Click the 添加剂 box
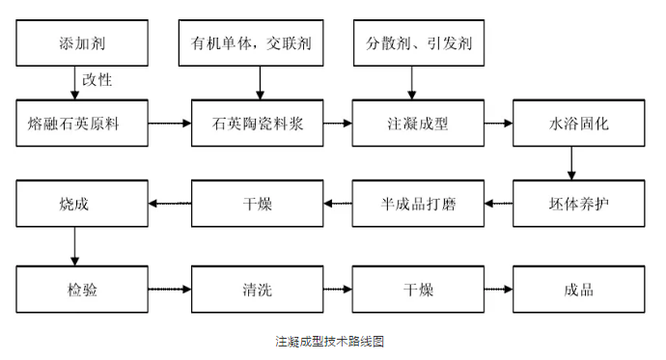[83, 43]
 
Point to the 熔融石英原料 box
[83, 124]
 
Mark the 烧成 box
[83, 204]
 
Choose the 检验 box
[83, 288]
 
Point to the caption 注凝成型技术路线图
[331, 341]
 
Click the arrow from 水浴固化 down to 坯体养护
[571, 163]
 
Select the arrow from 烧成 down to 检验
[75, 245]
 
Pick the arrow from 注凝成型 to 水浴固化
[498, 124]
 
